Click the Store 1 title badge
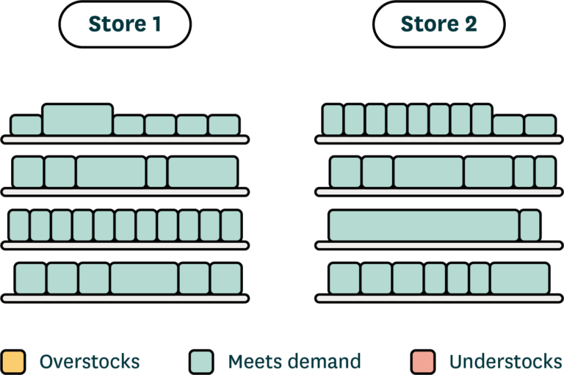click(124, 24)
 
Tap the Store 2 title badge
click(438, 24)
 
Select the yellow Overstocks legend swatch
click(13, 361)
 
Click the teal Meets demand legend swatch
click(201, 361)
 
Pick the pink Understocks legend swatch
click(423, 361)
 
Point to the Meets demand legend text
click(294, 361)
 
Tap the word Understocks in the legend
click(506, 361)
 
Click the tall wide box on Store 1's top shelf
click(77, 120)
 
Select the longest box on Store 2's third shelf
click(424, 225)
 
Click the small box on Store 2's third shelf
click(529, 225)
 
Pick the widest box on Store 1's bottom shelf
click(144, 279)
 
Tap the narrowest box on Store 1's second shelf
click(156, 172)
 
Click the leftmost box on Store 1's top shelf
click(26, 125)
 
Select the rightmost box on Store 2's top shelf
click(540, 125)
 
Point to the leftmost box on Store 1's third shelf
click(18, 225)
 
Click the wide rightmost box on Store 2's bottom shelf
click(519, 279)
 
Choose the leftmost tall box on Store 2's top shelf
click(333, 120)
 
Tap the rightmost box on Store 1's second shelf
click(202, 172)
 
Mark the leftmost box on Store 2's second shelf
click(345, 172)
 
